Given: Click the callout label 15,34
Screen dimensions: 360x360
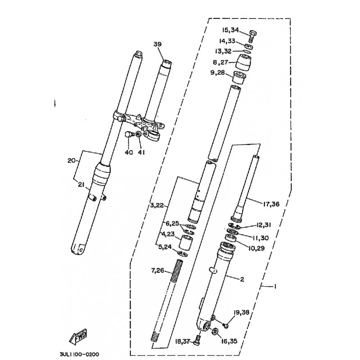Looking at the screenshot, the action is (x=230, y=30).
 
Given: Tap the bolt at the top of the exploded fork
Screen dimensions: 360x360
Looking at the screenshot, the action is (x=252, y=36).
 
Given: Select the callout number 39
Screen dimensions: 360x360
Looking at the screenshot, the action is (x=157, y=44).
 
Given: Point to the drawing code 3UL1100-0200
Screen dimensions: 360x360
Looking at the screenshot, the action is (x=80, y=354).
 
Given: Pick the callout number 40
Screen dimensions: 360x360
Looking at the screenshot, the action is (x=129, y=152).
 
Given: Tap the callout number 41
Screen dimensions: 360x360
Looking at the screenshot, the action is (x=141, y=152).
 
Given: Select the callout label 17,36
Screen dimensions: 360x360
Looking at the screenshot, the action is (x=271, y=204).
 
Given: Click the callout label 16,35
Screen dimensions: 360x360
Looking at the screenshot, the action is (x=229, y=342).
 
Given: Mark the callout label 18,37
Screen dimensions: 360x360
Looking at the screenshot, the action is (x=183, y=342).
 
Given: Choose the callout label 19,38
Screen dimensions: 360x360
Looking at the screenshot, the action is (x=242, y=312).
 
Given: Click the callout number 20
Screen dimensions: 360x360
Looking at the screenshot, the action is (x=72, y=161).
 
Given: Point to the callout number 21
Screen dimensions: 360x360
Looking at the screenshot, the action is (x=81, y=184).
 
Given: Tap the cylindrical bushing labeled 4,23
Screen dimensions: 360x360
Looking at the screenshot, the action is (x=186, y=242).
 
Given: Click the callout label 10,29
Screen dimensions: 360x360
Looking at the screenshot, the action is (x=256, y=248).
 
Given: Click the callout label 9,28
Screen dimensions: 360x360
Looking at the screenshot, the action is (x=218, y=72).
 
